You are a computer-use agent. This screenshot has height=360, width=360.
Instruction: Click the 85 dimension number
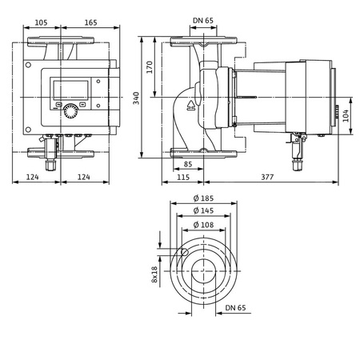tap(186, 166)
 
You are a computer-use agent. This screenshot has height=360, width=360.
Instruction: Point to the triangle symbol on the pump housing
tap(192, 105)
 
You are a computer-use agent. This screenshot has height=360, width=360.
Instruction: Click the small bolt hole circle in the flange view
tap(184, 253)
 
